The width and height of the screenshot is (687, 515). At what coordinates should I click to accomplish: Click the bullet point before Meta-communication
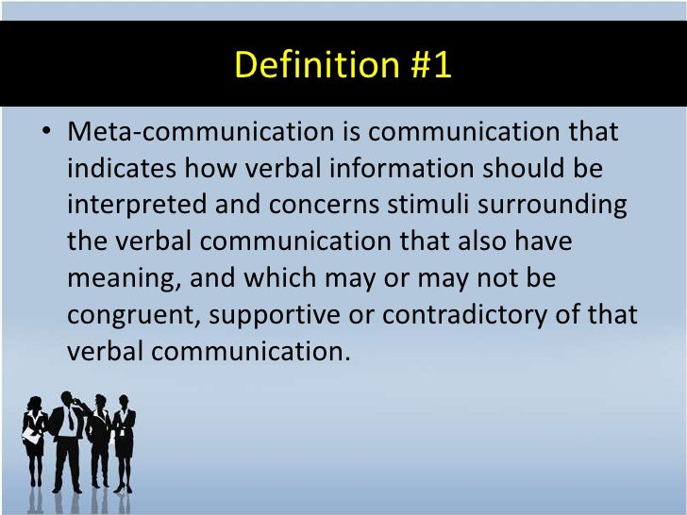click(x=45, y=132)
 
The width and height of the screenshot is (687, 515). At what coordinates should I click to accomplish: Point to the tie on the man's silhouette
click(x=69, y=422)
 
